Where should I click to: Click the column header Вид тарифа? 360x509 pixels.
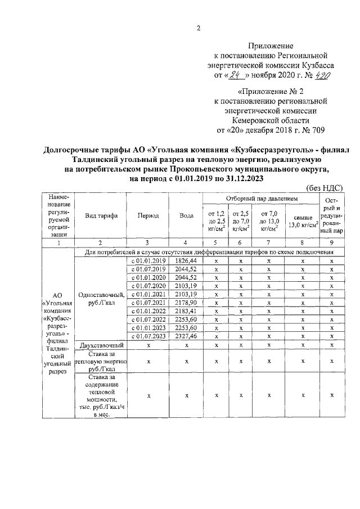click(x=100, y=215)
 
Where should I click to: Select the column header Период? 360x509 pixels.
click(x=147, y=215)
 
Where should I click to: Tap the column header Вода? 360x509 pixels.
click(x=186, y=215)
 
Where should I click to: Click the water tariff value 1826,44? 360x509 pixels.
click(x=186, y=261)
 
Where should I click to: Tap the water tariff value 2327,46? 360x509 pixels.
click(x=186, y=336)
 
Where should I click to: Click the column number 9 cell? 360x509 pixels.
click(x=331, y=242)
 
